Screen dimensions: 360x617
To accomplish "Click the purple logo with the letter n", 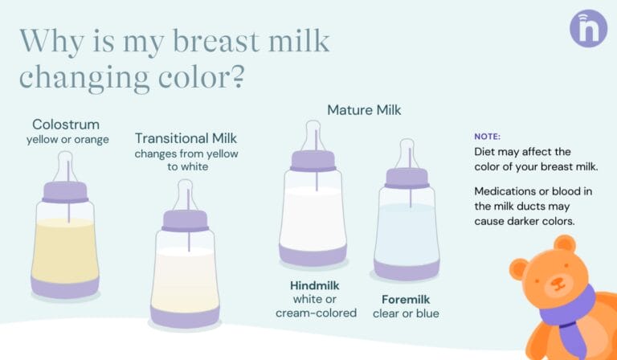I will click(588, 28).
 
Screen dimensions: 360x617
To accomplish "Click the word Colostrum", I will click(66, 125).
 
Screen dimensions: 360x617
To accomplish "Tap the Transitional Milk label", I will click(186, 138).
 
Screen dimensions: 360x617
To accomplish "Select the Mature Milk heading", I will click(363, 108).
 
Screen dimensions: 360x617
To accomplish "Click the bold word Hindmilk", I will click(314, 285).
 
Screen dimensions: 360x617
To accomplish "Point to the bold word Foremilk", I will click(406, 299).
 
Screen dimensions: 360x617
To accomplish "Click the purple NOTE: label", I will click(487, 137).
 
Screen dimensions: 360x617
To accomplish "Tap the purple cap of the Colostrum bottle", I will click(65, 191).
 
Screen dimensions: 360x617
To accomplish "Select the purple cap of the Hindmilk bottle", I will click(313, 160).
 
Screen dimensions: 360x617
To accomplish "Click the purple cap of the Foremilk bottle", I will click(407, 178).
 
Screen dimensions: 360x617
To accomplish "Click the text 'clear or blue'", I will click(406, 313).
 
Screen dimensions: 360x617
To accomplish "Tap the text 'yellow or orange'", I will click(67, 140).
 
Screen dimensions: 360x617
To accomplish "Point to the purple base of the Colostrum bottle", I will click(65, 284).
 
